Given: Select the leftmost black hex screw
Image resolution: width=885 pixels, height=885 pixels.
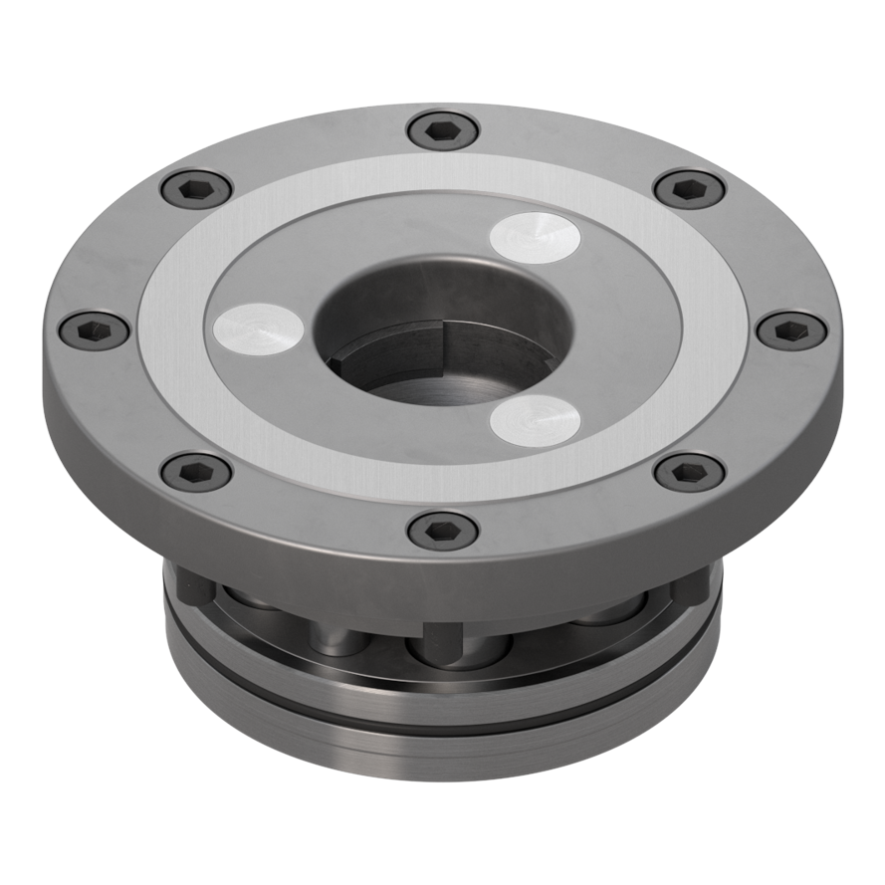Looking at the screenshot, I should click(x=95, y=330).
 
